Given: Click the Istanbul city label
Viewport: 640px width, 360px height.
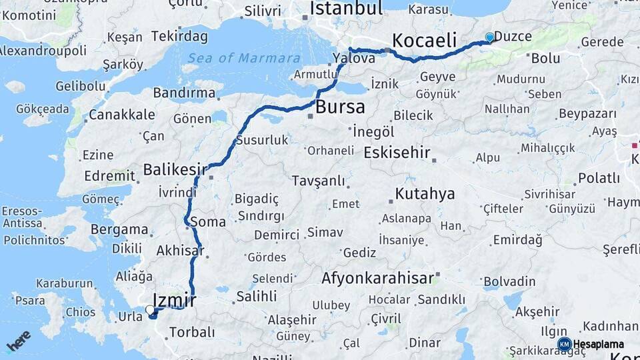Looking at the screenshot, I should click(347, 9).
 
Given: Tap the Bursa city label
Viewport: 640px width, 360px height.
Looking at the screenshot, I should click(341, 107).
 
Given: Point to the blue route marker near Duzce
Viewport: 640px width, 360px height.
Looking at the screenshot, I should click(490, 38).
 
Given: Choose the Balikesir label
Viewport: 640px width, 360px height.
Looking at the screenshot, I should click(175, 170).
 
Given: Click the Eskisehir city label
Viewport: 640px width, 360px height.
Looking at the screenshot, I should click(397, 153).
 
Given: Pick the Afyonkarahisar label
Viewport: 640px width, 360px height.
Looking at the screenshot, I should click(377, 278).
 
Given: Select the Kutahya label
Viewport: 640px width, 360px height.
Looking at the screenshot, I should click(425, 194).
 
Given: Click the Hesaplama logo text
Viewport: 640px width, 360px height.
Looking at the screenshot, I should click(598, 345).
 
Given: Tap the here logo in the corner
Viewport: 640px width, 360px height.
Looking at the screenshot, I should click(18, 341).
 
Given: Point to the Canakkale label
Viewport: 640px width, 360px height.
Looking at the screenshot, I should click(121, 115).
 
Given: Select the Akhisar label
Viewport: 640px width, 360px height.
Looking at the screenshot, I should click(180, 251).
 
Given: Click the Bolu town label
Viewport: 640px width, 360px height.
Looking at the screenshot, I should click(545, 59).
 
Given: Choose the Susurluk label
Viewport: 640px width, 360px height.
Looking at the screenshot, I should click(261, 140).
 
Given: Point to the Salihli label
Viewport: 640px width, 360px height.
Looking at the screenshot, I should click(256, 297).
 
